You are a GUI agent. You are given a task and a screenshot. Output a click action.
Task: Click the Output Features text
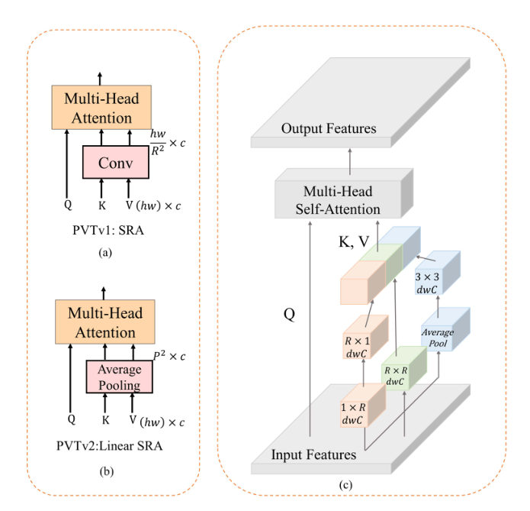point(329,128)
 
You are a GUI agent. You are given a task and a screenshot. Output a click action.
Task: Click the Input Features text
point(313,454)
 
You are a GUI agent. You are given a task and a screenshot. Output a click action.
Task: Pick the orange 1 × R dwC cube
point(355,412)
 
